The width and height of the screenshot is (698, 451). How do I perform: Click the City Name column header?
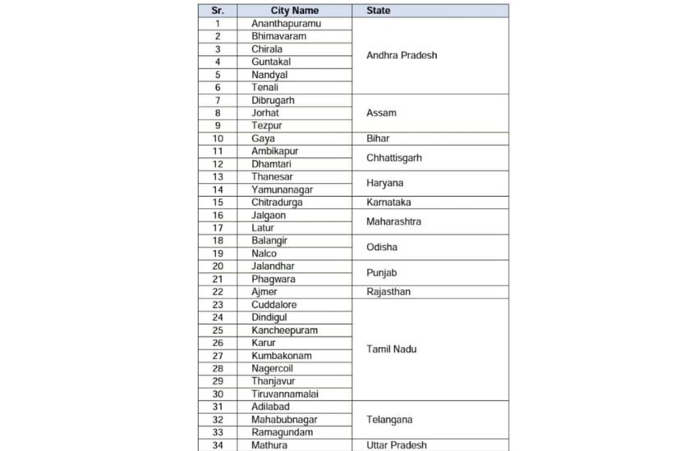coord(294,11)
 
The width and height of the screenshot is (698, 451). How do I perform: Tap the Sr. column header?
coord(217,11)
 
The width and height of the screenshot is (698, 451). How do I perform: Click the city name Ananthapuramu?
coord(287,24)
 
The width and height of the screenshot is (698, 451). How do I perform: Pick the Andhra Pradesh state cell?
coord(402,56)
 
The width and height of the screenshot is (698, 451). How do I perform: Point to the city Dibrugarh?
coord(273,100)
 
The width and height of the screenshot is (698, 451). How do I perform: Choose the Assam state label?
coord(381,113)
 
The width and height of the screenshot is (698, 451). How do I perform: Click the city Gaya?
coord(264,139)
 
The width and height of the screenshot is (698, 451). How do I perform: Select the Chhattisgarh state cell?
coord(394,157)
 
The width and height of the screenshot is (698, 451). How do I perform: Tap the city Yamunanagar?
coord(282,189)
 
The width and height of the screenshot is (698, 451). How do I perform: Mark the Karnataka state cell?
coord(388,202)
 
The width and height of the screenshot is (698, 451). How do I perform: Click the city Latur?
coord(263,228)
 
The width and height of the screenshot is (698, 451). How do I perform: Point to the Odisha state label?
coord(381,247)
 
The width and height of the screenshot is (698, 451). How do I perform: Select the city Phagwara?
coord(273,279)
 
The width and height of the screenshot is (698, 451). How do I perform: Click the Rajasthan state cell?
coord(388,292)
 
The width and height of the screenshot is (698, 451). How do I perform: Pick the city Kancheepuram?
coord(285,330)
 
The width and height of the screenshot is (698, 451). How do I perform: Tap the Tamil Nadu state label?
coord(392,349)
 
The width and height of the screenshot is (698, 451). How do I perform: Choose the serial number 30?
coord(218,394)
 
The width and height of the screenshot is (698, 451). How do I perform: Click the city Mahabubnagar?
coord(285,419)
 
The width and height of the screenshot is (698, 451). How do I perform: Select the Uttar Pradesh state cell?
coord(397,445)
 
